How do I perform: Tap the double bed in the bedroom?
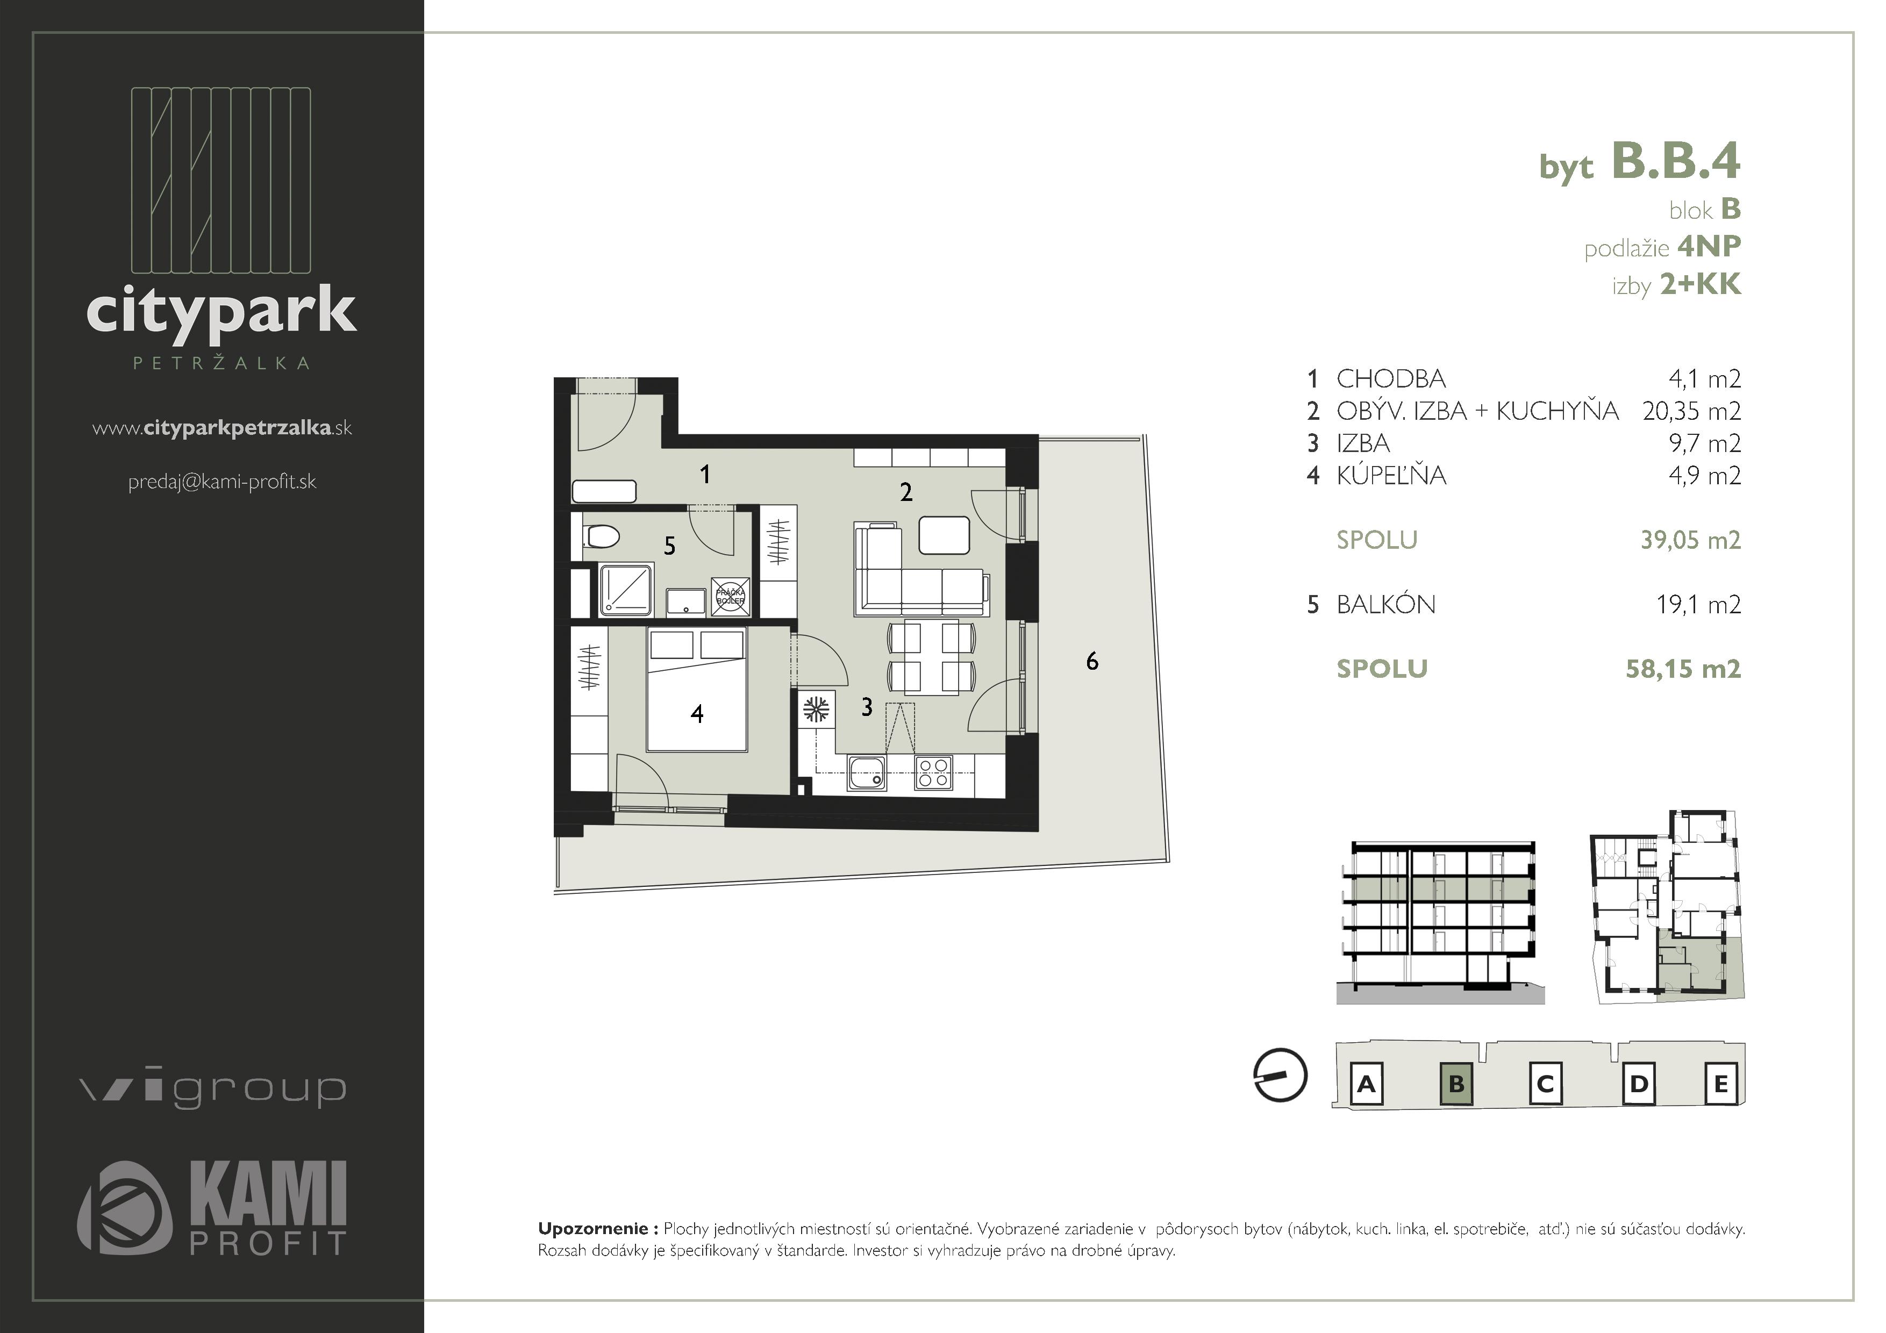(697, 690)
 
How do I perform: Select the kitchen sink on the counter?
(867, 773)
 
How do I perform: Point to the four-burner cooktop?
(934, 773)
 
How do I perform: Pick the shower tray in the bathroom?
(626, 589)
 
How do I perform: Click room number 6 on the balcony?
(1092, 661)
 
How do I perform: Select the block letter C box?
(1544, 1084)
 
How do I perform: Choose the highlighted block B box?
(1456, 1084)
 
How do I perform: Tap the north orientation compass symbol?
(1280, 1074)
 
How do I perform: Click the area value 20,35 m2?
(1691, 411)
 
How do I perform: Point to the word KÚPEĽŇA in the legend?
(1391, 476)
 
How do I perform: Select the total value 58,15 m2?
(1683, 669)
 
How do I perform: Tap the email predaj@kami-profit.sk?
(222, 482)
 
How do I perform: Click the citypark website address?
(222, 428)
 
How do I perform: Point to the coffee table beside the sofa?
(944, 535)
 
